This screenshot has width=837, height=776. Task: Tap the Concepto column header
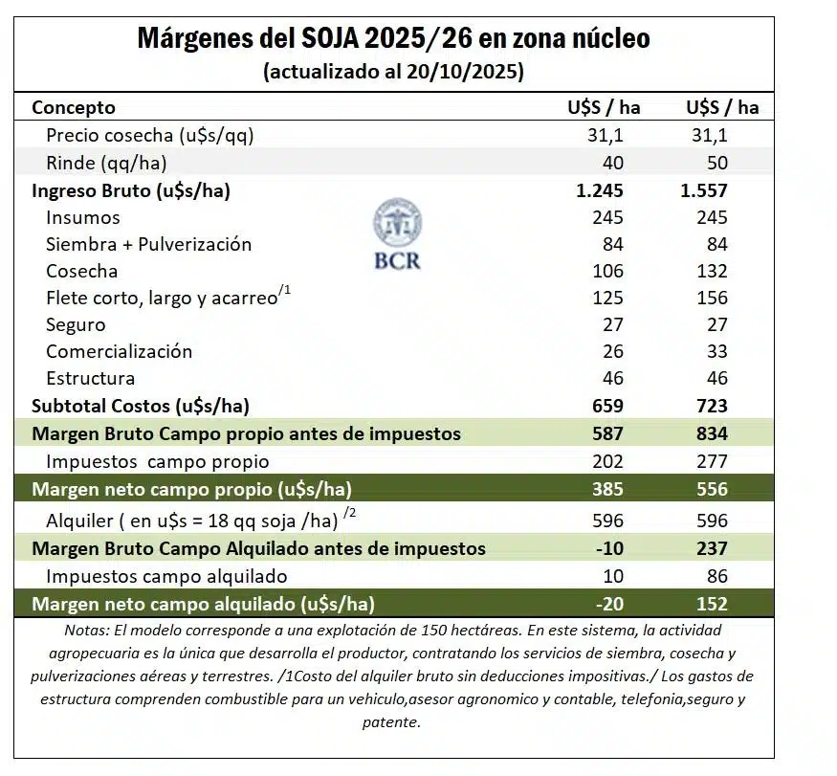[x=74, y=107]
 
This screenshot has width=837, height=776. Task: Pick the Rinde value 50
[x=716, y=163]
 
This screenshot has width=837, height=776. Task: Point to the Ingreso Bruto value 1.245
[x=600, y=190]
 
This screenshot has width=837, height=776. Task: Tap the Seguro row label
[x=76, y=324]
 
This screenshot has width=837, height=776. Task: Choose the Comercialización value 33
[x=716, y=351]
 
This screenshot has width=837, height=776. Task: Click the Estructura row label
[x=90, y=378]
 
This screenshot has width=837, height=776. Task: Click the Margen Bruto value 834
[x=712, y=433]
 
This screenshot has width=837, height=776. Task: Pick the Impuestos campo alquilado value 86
[x=716, y=576]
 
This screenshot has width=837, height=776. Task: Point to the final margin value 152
[x=712, y=604]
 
